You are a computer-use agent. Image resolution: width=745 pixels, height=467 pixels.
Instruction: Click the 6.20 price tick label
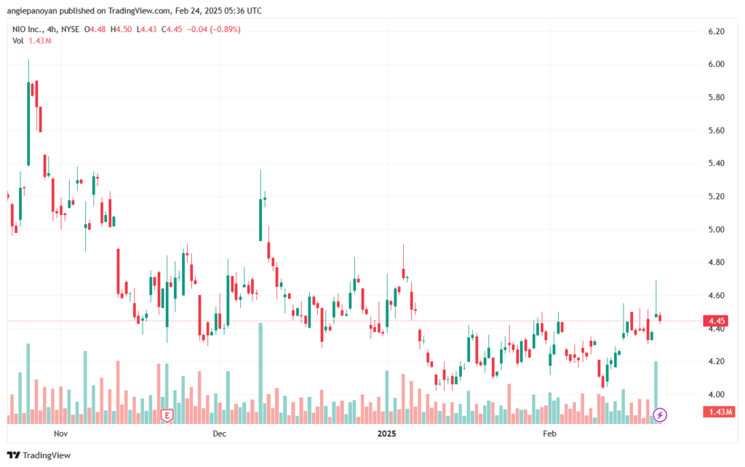[x=716, y=31]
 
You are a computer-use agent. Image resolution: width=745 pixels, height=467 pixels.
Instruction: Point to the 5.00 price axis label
[x=716, y=229]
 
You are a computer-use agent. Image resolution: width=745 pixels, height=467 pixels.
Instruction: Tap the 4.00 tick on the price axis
[x=716, y=394]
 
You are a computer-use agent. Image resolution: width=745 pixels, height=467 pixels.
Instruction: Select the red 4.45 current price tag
[x=717, y=321]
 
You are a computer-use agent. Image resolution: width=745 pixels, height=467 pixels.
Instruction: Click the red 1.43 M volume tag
[x=720, y=412]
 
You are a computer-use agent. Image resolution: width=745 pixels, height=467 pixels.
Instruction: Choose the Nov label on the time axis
[x=61, y=433]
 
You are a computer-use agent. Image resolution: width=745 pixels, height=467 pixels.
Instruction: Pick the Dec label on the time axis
[x=220, y=433]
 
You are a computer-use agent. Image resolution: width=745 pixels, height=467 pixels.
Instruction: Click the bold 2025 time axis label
[x=387, y=433]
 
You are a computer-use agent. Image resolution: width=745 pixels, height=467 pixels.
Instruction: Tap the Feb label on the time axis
[x=549, y=433]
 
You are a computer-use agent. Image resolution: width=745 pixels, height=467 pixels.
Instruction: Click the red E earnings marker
[x=167, y=416]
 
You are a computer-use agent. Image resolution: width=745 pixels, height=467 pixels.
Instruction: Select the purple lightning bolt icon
[x=659, y=415]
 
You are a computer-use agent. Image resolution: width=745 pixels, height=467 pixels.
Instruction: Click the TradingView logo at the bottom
[x=39, y=455]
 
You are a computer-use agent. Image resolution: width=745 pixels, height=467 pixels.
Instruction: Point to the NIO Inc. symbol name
[x=27, y=29]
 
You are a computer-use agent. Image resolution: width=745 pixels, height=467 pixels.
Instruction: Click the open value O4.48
[x=95, y=29]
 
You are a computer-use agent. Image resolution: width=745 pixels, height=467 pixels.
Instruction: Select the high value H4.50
[x=121, y=29]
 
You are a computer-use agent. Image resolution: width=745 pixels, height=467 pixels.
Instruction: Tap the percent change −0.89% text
[x=226, y=29]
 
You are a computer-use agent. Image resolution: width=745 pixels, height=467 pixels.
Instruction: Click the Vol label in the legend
[x=17, y=41]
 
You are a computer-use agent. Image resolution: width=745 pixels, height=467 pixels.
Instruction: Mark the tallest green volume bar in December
[x=260, y=373]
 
